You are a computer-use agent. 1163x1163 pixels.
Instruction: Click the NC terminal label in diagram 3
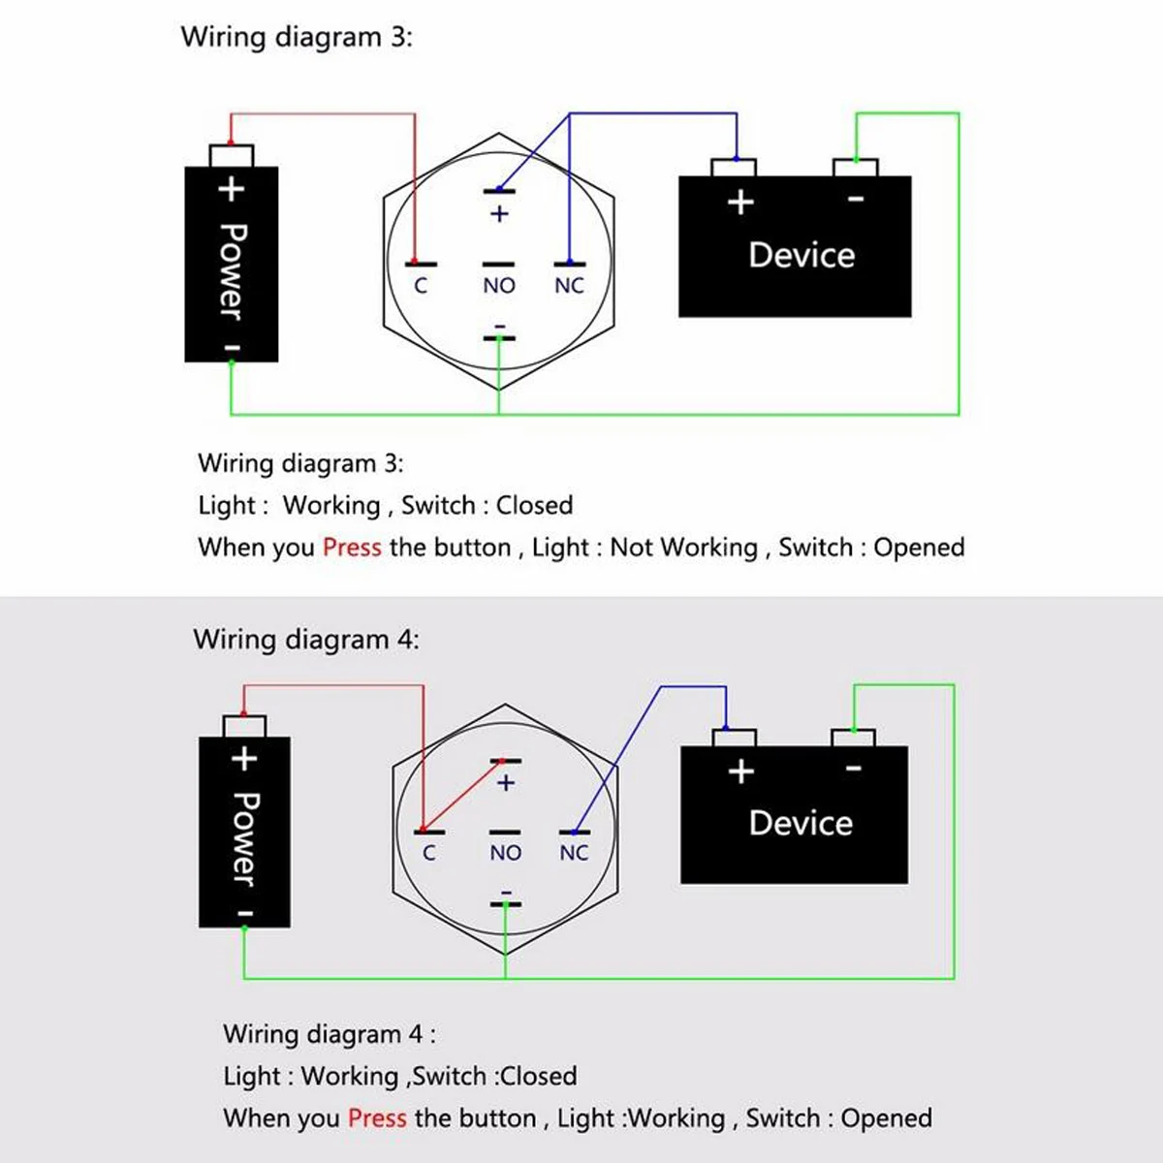(x=569, y=286)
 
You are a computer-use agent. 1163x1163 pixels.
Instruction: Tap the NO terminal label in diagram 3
(x=499, y=286)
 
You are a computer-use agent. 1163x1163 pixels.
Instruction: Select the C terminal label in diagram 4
(x=429, y=853)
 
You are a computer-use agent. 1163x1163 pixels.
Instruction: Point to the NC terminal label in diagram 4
(x=574, y=853)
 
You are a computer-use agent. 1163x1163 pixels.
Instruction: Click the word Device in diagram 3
(x=802, y=255)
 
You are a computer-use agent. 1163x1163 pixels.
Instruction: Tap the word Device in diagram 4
(x=801, y=823)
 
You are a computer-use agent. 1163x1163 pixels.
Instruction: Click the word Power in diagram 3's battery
(x=233, y=271)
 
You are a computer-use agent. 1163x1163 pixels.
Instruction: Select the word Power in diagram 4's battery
(x=246, y=839)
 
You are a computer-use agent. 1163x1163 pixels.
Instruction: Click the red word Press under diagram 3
(x=352, y=548)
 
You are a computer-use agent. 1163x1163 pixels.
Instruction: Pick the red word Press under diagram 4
(x=377, y=1118)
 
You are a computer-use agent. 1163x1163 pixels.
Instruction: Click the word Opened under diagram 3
(x=919, y=548)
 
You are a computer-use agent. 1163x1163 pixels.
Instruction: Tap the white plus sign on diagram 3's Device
(x=741, y=203)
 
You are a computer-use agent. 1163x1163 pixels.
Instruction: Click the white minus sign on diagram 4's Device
(x=854, y=768)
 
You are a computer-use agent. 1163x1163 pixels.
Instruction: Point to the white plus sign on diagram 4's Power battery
(x=244, y=759)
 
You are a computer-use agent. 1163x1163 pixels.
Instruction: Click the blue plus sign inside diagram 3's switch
(x=499, y=213)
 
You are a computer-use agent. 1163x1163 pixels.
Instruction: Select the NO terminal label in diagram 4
(x=506, y=853)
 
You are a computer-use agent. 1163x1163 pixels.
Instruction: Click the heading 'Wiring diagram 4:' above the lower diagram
(x=306, y=639)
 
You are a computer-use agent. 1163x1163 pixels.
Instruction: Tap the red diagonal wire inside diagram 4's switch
(x=461, y=796)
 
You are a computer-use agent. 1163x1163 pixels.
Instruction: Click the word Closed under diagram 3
(x=534, y=505)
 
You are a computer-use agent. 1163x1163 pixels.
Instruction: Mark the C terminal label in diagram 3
(x=421, y=286)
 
